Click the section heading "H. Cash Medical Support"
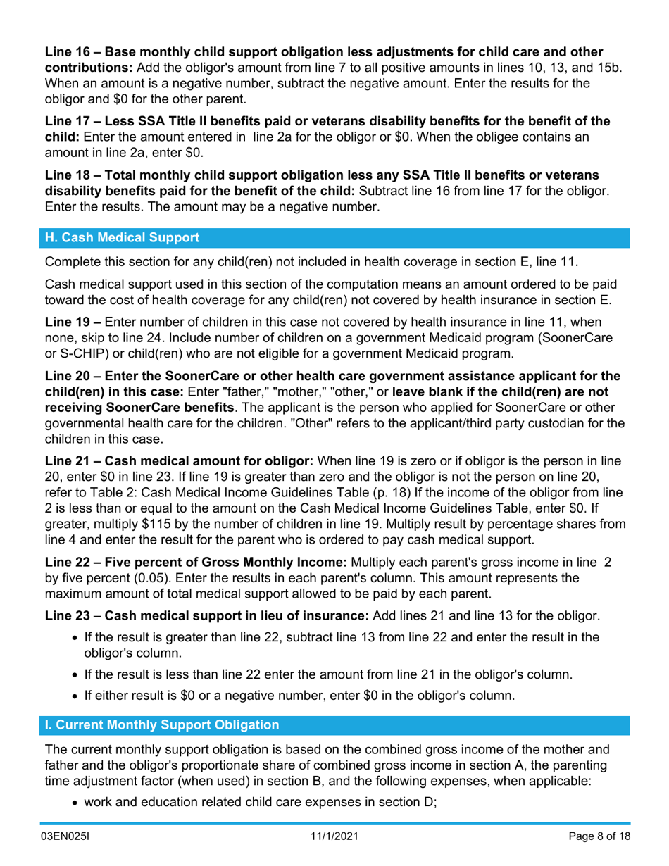122,237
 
